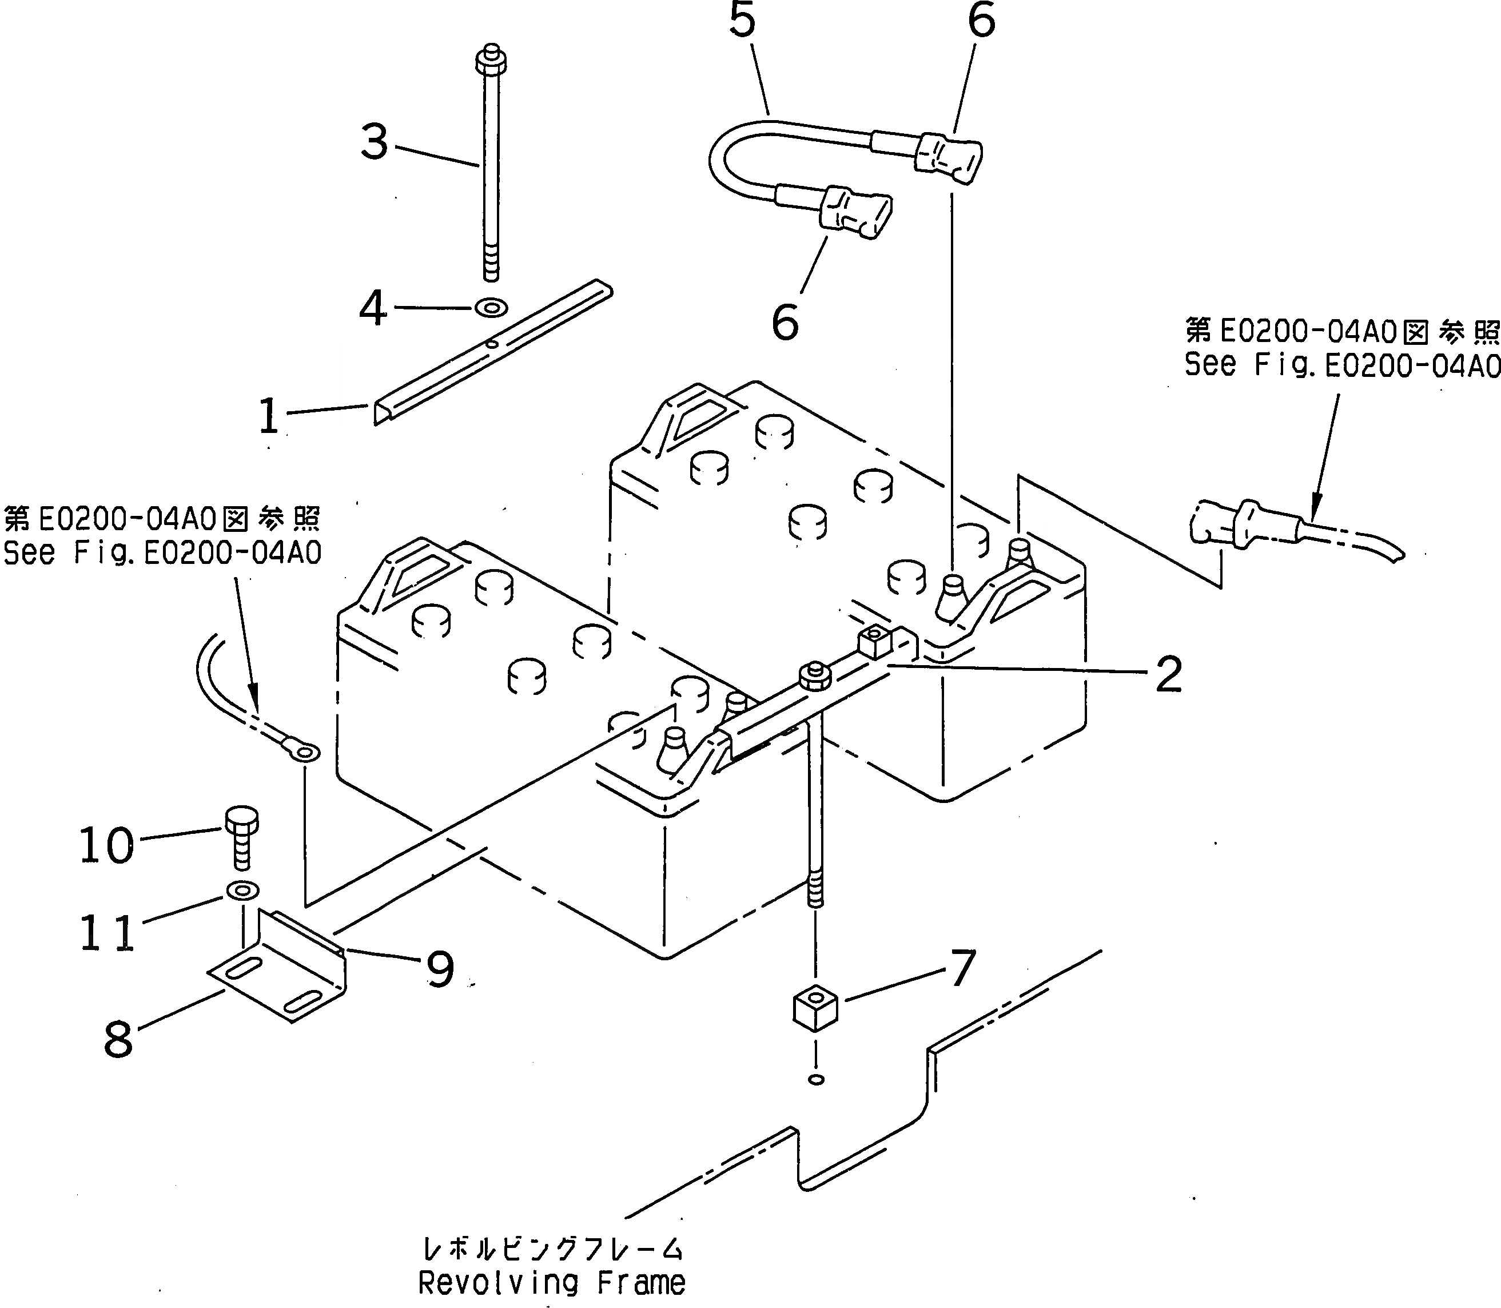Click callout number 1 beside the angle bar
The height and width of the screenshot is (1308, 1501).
[x=269, y=416]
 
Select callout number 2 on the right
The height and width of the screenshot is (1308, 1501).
[x=1168, y=674]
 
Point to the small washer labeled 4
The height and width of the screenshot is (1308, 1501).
[x=491, y=307]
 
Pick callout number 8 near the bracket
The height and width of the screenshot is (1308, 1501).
[x=118, y=1039]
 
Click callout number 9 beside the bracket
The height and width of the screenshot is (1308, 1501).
[x=440, y=969]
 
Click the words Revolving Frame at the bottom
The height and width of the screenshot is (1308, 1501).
[x=552, y=1282]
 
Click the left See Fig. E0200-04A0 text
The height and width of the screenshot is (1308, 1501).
[x=162, y=553]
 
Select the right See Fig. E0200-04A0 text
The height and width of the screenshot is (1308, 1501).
[x=1341, y=364]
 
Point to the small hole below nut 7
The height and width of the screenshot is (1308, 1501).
[x=817, y=1079]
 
